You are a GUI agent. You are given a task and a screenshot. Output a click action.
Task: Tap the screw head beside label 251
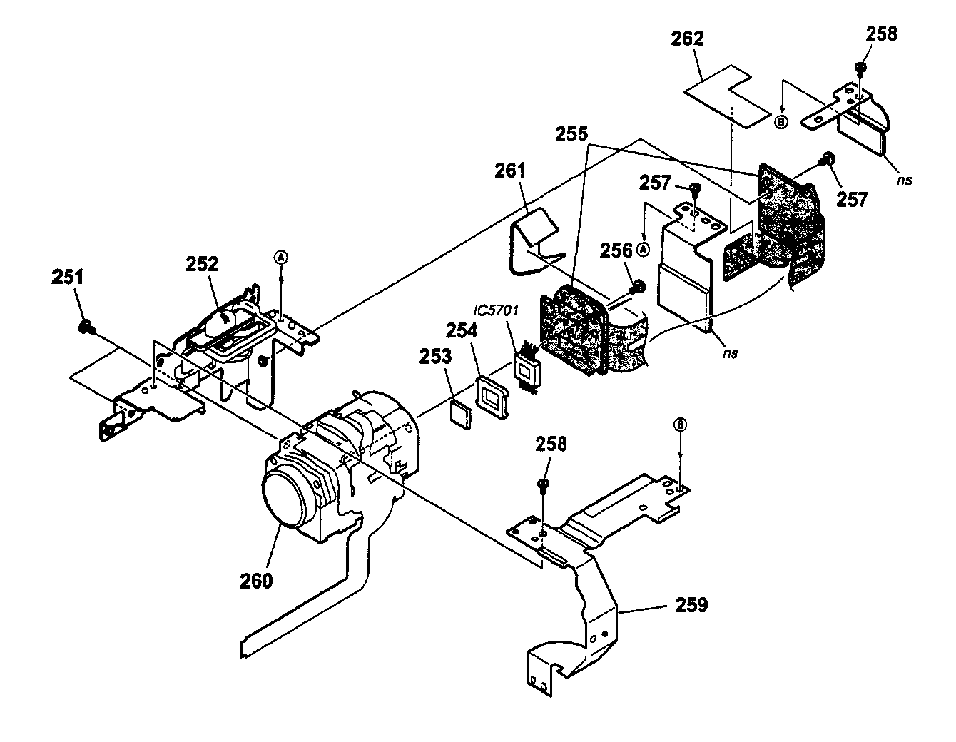pyautogui.click(x=84, y=327)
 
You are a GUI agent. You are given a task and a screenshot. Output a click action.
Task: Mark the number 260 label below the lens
pyautogui.click(x=255, y=581)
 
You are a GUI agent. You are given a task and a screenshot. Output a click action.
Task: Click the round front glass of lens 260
pyautogui.click(x=288, y=498)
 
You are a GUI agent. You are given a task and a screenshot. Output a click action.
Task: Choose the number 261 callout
pyautogui.click(x=509, y=171)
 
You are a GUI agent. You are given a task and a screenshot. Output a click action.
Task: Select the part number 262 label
pyautogui.click(x=686, y=39)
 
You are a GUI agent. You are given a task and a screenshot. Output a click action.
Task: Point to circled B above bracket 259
pyautogui.click(x=680, y=425)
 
